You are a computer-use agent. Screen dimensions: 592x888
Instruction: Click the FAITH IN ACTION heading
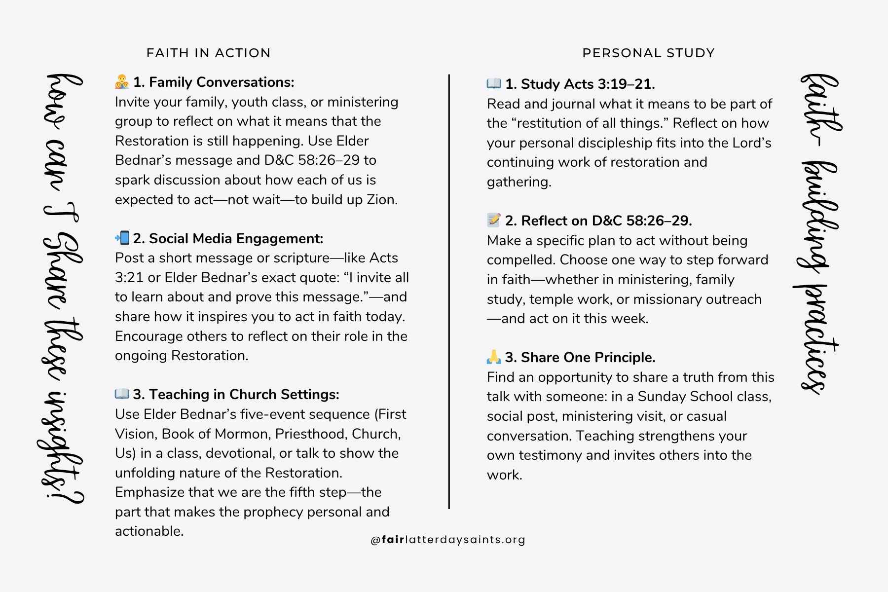(208, 53)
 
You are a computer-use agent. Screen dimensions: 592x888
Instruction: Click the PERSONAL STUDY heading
(648, 53)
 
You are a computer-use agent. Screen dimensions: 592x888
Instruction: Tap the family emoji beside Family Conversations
(122, 82)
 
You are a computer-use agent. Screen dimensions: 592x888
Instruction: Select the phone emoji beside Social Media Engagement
(122, 238)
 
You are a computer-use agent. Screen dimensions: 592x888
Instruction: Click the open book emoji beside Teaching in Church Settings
(122, 394)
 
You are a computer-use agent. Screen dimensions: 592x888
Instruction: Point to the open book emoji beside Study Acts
(494, 84)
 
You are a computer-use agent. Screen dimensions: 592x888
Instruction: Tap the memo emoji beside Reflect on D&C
(494, 220)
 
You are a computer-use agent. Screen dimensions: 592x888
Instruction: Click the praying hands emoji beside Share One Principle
(494, 357)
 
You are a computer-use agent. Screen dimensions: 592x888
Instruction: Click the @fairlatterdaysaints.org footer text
(448, 540)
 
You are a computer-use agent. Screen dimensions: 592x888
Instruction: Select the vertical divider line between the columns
(449, 291)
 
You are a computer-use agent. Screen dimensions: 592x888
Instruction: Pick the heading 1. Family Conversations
(214, 82)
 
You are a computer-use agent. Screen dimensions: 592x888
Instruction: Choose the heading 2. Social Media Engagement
(228, 239)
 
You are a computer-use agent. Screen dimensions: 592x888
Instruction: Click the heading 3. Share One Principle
(580, 357)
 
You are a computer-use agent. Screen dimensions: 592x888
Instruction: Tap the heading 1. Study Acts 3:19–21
(580, 84)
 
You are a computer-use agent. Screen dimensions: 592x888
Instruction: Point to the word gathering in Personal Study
(519, 182)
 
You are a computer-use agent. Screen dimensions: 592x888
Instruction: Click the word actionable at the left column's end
(149, 531)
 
